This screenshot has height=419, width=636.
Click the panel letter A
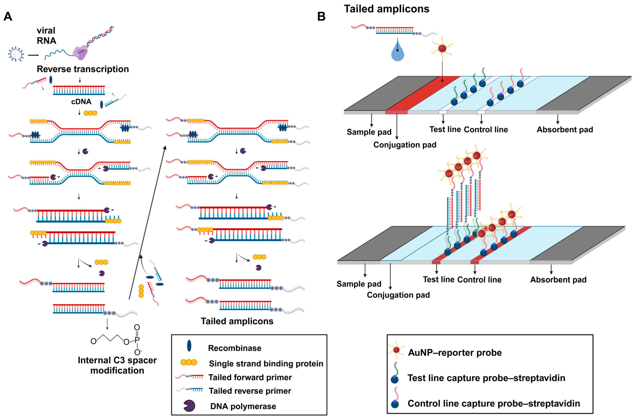8,17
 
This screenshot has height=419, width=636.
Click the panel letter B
321,17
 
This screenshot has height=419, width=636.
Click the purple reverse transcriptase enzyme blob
80,52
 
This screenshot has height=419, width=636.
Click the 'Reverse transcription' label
83,69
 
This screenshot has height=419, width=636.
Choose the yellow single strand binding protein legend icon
189,362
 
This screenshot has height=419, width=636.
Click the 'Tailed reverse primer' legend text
250,391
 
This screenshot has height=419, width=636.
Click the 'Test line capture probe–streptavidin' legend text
486,378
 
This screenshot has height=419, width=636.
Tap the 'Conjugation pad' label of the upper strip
405,145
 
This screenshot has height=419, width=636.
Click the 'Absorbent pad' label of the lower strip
558,280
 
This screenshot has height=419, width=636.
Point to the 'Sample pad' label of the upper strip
369,132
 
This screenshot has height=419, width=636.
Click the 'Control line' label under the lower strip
479,280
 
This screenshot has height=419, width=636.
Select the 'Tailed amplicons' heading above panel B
387,9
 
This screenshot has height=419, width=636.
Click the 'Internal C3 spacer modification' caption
117,365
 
